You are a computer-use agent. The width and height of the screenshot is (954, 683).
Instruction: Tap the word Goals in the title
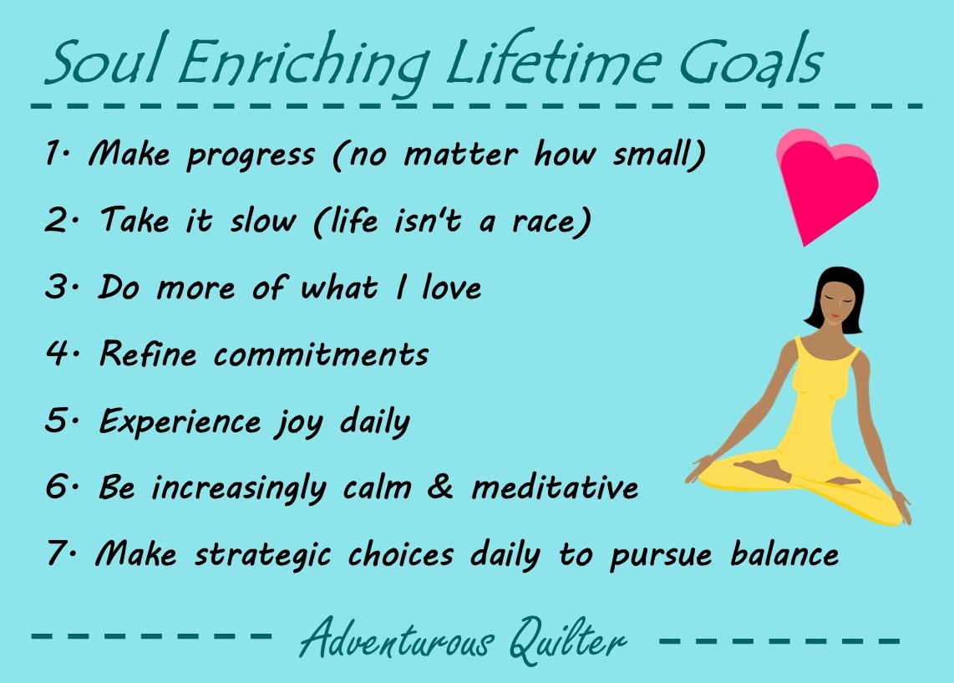[750, 59]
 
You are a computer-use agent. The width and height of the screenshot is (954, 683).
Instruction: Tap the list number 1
[53, 152]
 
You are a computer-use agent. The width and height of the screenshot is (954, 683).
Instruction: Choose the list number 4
[57, 353]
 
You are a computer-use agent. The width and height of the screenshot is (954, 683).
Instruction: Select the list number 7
[56, 553]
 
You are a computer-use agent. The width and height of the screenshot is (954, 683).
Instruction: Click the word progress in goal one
[251, 155]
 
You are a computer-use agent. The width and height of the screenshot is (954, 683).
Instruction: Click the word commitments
[322, 354]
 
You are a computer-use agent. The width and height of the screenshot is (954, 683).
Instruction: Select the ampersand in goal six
[440, 487]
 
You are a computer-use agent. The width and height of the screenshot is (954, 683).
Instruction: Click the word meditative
[556, 487]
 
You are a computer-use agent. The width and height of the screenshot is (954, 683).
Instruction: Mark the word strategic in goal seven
[263, 555]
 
